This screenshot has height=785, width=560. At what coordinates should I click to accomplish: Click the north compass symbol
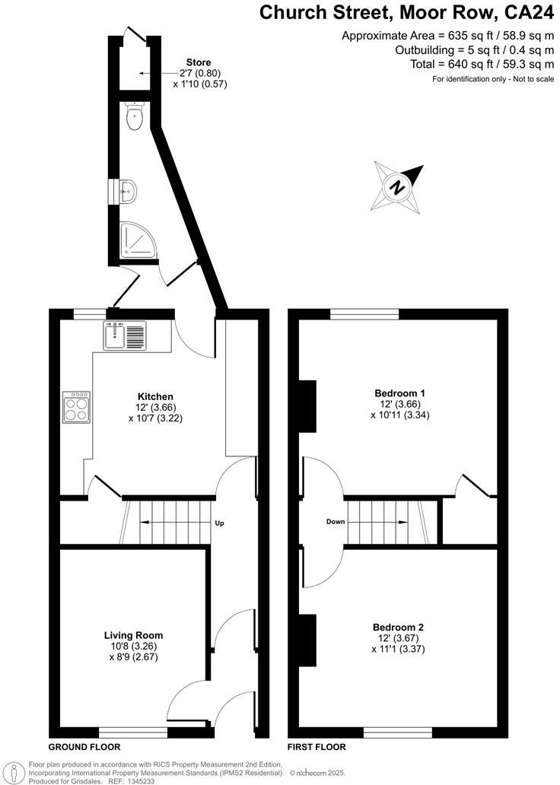point(396,186)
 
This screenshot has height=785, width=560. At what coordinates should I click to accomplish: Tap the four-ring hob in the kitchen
point(77,407)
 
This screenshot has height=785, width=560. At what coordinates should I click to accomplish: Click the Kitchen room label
point(155,396)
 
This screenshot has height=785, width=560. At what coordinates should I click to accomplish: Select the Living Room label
point(133,635)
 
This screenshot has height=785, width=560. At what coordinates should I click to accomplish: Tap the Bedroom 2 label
point(399,628)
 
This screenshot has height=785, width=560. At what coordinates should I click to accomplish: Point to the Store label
point(199,62)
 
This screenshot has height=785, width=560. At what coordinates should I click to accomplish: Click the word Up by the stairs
point(219,523)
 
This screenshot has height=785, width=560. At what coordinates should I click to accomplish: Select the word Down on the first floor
point(336,522)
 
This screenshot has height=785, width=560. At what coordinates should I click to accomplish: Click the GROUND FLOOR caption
point(84,747)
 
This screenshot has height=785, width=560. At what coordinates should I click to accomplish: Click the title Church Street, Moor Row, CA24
point(406,13)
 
